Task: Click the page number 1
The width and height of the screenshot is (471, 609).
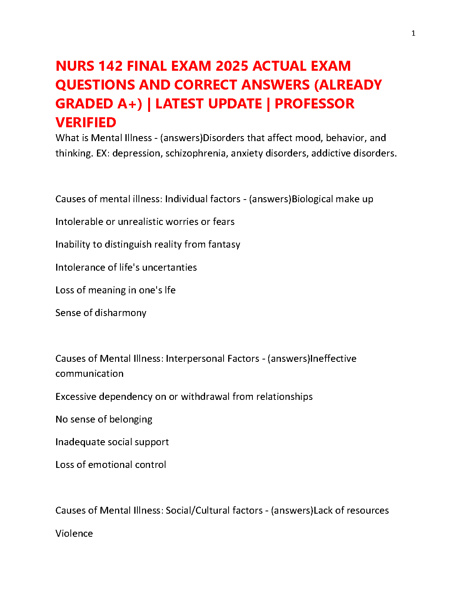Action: pyautogui.click(x=413, y=33)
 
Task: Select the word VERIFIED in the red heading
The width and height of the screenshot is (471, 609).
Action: pyautogui.click(x=86, y=123)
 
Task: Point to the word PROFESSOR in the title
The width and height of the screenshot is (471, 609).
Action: pyautogui.click(x=314, y=104)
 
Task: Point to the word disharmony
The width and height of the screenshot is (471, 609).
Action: pyautogui.click(x=120, y=313)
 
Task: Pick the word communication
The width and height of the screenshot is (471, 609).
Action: pyautogui.click(x=89, y=374)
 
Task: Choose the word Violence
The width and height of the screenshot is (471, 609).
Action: pyautogui.click(x=74, y=534)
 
